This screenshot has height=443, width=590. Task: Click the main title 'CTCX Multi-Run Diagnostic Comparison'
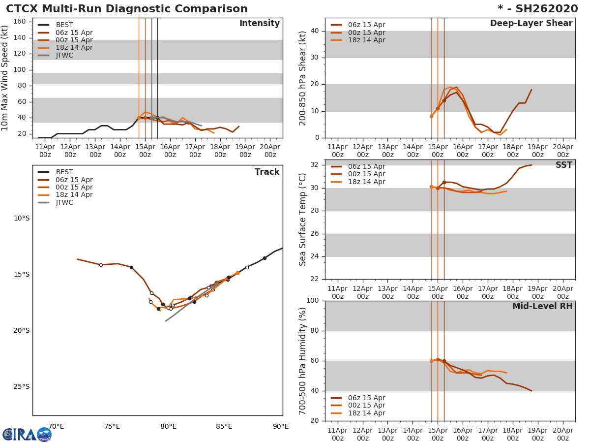127,9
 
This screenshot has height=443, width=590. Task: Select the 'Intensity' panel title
259,24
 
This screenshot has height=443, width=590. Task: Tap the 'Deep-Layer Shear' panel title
531,24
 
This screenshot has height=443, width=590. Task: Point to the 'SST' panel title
563,165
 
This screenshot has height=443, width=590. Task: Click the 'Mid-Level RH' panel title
542,306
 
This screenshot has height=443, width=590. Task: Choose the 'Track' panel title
266,172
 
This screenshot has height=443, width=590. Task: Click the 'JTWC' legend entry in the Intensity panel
64,55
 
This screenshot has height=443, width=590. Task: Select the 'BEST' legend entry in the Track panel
64,172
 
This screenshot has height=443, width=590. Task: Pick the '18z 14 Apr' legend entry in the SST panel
366,182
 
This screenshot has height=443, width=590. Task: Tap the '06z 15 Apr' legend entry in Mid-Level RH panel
366,398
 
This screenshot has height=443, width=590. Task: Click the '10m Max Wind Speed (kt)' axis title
5,78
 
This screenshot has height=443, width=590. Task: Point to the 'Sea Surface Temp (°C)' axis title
303,220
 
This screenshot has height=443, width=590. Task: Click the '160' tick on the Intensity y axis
19,21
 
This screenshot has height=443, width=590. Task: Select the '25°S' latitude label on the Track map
22,386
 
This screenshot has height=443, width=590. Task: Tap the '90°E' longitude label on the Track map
281,426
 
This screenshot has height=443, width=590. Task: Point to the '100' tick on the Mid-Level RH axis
313,301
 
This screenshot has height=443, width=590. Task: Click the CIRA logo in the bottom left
27,435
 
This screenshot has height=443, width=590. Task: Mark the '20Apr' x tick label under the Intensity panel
269,150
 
